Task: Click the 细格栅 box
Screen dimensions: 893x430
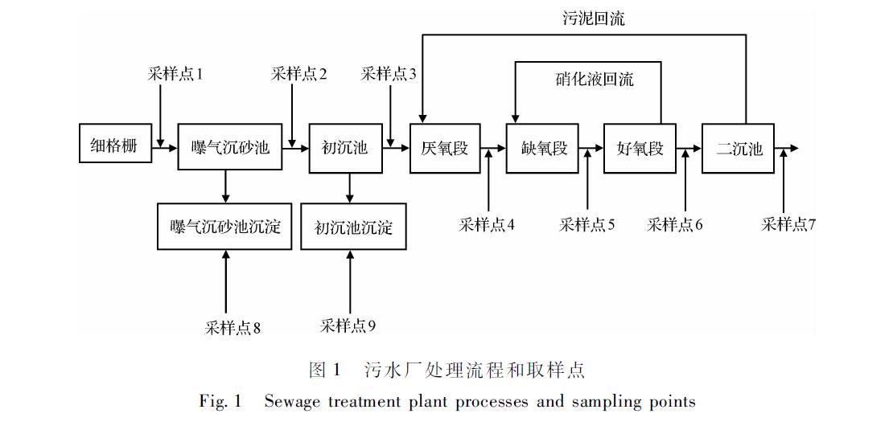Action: point(115,143)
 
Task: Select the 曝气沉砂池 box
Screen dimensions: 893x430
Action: point(230,147)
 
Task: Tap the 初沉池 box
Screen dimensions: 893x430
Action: point(345,148)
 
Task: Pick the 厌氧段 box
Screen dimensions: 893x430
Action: point(445,148)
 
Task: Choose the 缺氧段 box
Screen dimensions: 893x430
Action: point(543,148)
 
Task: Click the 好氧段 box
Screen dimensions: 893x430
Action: point(640,148)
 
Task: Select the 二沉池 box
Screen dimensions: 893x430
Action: point(739,148)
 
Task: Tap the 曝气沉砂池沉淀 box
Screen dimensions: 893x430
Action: point(225,227)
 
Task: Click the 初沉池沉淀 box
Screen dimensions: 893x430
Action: point(354,227)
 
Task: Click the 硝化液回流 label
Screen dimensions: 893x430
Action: point(595,79)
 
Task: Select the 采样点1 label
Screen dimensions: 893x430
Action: point(175,74)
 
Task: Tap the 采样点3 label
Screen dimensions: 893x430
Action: point(389,74)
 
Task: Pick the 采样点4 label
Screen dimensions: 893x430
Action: point(487,225)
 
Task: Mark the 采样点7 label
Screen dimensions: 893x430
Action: point(788,225)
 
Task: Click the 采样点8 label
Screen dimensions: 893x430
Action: point(233,328)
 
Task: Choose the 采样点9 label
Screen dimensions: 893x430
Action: point(348,326)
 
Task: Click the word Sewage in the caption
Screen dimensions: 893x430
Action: point(292,402)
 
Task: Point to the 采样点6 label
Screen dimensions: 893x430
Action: point(675,225)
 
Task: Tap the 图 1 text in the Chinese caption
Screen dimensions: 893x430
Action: point(325,371)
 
